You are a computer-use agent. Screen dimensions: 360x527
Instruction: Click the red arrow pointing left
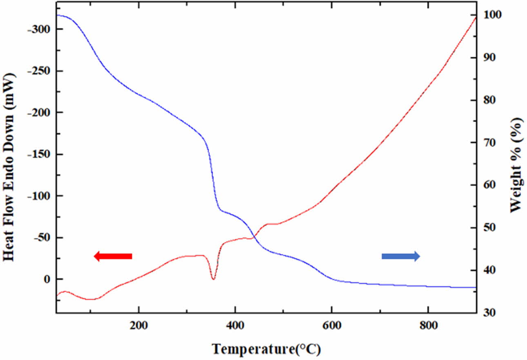pos(113,256)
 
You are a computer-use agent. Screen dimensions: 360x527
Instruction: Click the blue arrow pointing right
pos(400,256)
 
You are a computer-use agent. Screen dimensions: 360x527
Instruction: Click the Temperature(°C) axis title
pos(266,349)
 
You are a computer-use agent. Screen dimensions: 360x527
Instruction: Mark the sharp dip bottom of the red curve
pos(213,279)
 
